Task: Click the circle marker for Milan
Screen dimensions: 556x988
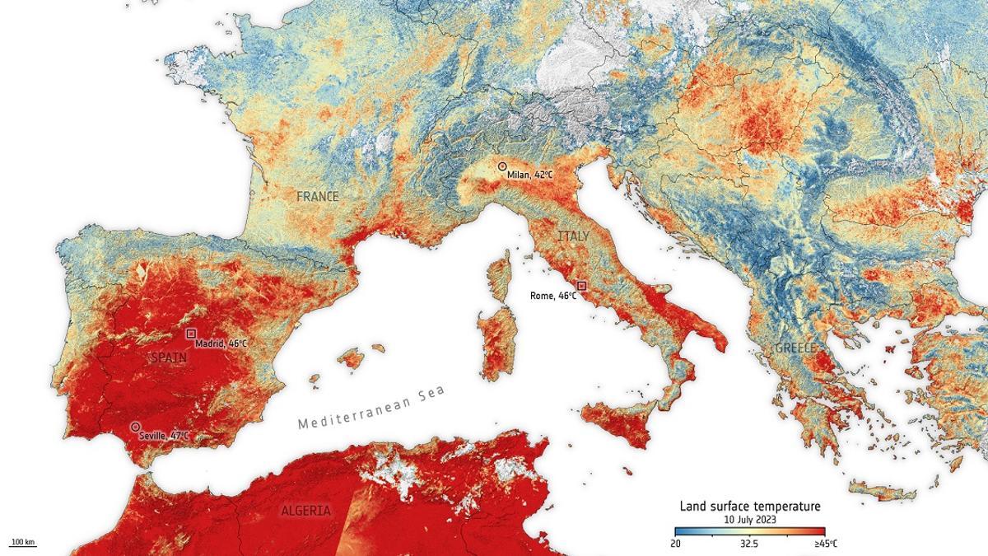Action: click(x=502, y=166)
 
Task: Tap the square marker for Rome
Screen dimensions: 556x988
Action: click(x=581, y=285)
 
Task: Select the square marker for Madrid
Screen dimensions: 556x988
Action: click(x=191, y=334)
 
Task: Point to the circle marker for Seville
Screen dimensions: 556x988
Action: click(x=135, y=427)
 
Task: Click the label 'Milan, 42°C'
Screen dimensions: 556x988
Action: click(x=531, y=175)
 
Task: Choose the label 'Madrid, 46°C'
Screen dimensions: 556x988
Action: click(x=221, y=343)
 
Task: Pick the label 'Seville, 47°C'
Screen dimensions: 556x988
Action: click(x=164, y=435)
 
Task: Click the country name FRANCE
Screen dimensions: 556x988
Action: click(x=318, y=197)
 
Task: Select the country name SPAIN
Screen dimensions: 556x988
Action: click(x=169, y=358)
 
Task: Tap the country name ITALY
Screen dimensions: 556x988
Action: click(x=574, y=236)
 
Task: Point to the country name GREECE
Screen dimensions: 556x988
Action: click(x=795, y=348)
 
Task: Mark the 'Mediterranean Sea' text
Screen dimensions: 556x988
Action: click(x=371, y=408)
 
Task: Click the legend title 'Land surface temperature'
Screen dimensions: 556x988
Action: click(x=749, y=506)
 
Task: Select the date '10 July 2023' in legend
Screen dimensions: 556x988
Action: click(x=749, y=520)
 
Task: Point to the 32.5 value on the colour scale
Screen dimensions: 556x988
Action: click(x=749, y=544)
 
